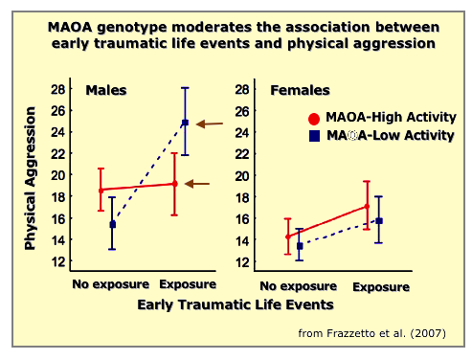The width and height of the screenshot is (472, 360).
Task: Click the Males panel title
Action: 105,91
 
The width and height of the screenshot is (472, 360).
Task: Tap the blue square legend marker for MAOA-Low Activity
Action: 313,136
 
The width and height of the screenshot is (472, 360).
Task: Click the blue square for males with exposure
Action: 185,123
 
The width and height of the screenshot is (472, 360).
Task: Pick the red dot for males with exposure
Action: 174,184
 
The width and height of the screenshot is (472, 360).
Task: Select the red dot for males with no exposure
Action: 101,191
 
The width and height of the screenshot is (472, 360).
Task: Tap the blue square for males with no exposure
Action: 112,224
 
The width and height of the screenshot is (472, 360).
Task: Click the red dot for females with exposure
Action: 366,207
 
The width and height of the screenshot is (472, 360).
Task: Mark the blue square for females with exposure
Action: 378,221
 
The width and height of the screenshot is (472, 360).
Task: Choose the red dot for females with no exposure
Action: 289,236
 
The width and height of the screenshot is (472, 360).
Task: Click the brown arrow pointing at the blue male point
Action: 210,124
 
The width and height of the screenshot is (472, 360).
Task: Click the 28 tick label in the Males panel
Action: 57,89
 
